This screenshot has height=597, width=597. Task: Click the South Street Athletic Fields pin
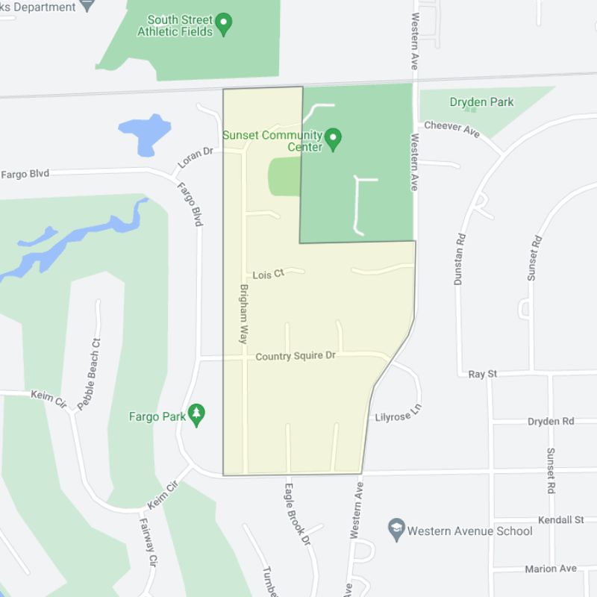[223, 25]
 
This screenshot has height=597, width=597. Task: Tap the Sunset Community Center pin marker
[334, 137]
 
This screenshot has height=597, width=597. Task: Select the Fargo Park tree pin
[196, 415]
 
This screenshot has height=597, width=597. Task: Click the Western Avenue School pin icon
[396, 530]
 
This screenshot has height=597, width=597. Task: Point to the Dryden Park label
[481, 102]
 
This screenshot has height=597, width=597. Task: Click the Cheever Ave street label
[451, 129]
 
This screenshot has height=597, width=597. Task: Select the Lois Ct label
[269, 275]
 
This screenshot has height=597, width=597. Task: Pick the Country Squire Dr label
[296, 357]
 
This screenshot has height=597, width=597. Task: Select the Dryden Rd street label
[551, 422]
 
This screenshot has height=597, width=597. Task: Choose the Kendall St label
[560, 519]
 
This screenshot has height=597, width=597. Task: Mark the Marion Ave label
[551, 569]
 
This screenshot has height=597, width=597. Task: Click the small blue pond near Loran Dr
[146, 133]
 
